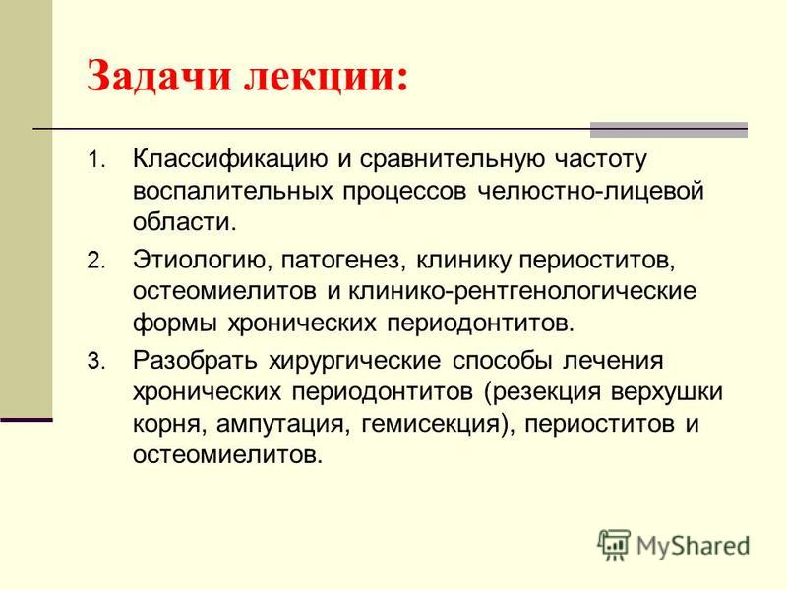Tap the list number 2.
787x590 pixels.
pos(95,261)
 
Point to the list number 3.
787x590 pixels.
pos(95,361)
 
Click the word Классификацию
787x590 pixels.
pos(230,160)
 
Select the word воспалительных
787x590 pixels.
pos(233,192)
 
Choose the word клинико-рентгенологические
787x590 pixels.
pos(522,292)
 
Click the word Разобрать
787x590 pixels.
pos(195,361)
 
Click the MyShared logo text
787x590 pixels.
pos(693,547)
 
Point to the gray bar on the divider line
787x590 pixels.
pos(669,130)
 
